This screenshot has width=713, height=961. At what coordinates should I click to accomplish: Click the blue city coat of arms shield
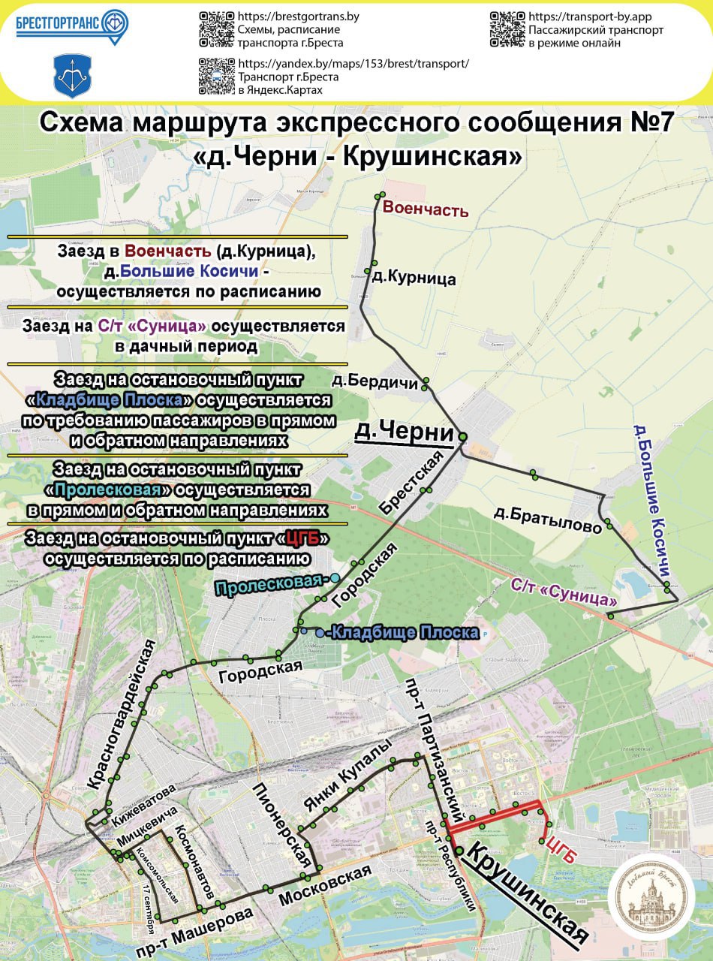68,76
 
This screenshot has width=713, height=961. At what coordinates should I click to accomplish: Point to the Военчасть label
426,209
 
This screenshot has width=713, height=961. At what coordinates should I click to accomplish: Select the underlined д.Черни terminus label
404,432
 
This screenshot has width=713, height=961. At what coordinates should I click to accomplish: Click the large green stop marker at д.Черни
463,436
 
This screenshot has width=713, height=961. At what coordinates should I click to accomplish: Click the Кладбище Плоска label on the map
405,633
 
